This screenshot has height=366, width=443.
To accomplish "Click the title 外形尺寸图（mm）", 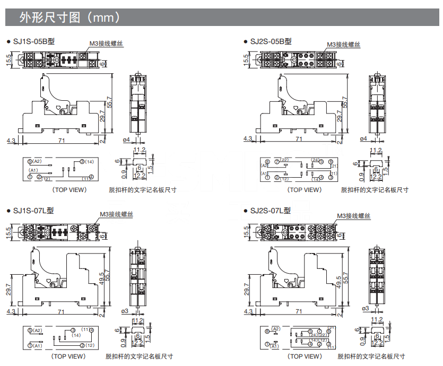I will pos(70,18).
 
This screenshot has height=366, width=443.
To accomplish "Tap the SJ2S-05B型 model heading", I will pos(270,41).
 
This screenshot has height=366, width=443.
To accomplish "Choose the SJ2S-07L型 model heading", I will pos(270,211).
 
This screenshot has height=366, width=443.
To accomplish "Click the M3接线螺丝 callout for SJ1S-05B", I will pos(106,45).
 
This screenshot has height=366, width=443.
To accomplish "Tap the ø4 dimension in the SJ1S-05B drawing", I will pos(126,140).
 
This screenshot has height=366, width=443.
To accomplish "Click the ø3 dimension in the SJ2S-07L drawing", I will pos(364,309).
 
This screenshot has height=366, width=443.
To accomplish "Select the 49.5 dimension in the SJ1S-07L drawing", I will pos(102,276).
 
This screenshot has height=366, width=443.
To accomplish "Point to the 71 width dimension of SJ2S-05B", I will pos(299,139).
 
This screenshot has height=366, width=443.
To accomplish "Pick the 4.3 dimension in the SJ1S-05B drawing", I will pos(11,140).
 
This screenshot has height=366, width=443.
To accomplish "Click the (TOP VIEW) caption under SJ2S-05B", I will pos(305,189).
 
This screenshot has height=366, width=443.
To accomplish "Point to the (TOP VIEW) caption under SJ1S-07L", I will pos(68,356).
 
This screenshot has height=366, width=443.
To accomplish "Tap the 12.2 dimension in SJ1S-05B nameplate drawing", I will pos(140,176).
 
